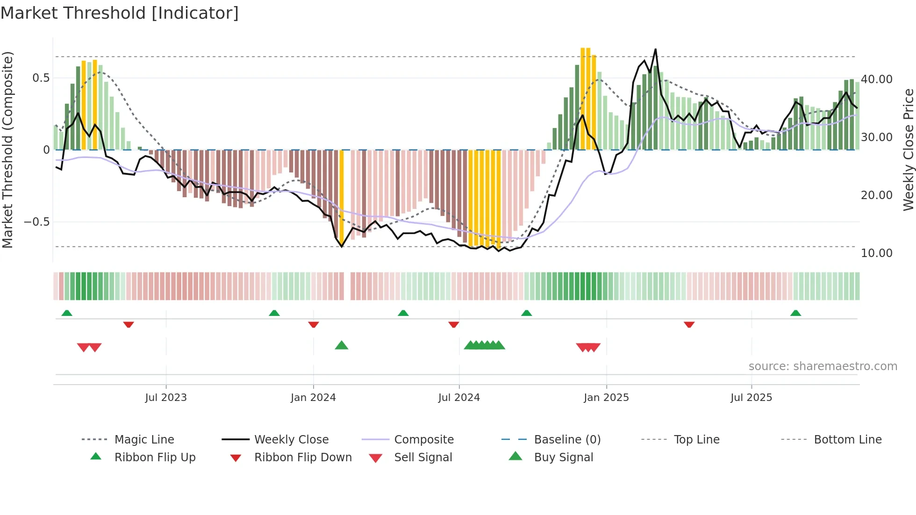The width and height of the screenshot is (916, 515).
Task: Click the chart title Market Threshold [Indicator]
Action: (120, 13)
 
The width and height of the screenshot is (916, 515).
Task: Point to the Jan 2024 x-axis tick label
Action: (313, 398)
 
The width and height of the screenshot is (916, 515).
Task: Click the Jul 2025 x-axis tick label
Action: (751, 398)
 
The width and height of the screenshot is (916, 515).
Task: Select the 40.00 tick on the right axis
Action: (876, 79)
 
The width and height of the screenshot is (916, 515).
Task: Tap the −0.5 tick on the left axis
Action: (37, 222)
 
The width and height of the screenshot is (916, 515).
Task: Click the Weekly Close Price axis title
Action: (908, 150)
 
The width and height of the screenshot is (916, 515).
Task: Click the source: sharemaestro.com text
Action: (823, 366)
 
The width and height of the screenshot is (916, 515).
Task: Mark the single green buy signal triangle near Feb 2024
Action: (342, 346)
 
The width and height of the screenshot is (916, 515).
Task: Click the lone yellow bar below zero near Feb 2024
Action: (342, 196)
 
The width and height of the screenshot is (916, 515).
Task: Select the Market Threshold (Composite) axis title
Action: (7, 150)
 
